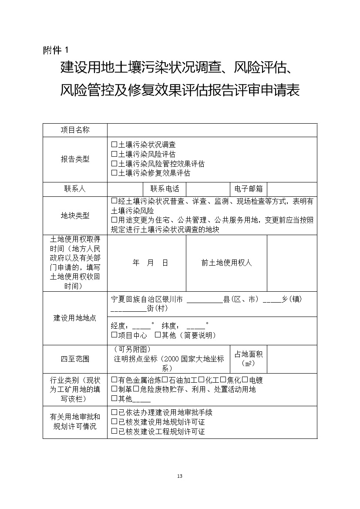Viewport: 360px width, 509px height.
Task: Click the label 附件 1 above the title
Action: point(56,50)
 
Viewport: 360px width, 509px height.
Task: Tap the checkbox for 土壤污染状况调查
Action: point(114,144)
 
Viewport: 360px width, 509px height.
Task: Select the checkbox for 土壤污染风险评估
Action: point(114,154)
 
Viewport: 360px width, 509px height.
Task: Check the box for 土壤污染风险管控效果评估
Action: point(114,164)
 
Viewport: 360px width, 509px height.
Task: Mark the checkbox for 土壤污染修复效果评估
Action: point(114,173)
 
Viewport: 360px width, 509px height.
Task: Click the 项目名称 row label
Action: point(75,130)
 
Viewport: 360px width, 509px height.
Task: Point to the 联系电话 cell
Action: point(165,189)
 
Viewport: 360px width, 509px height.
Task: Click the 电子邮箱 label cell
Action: point(248,189)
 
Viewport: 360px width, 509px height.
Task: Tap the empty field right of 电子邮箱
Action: point(292,189)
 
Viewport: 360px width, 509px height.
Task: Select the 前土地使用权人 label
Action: point(226,263)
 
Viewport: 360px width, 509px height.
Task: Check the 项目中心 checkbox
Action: point(114,335)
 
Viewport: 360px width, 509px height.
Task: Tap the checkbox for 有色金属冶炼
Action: point(114,380)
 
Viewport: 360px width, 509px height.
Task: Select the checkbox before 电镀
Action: point(245,380)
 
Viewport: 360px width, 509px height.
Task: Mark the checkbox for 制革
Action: point(114,389)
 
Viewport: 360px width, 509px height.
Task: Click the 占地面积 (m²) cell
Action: point(248,359)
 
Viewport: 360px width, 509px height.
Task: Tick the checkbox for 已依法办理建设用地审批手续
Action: point(114,412)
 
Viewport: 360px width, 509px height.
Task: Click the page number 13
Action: point(180,475)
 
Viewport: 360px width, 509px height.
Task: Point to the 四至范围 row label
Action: point(75,359)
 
